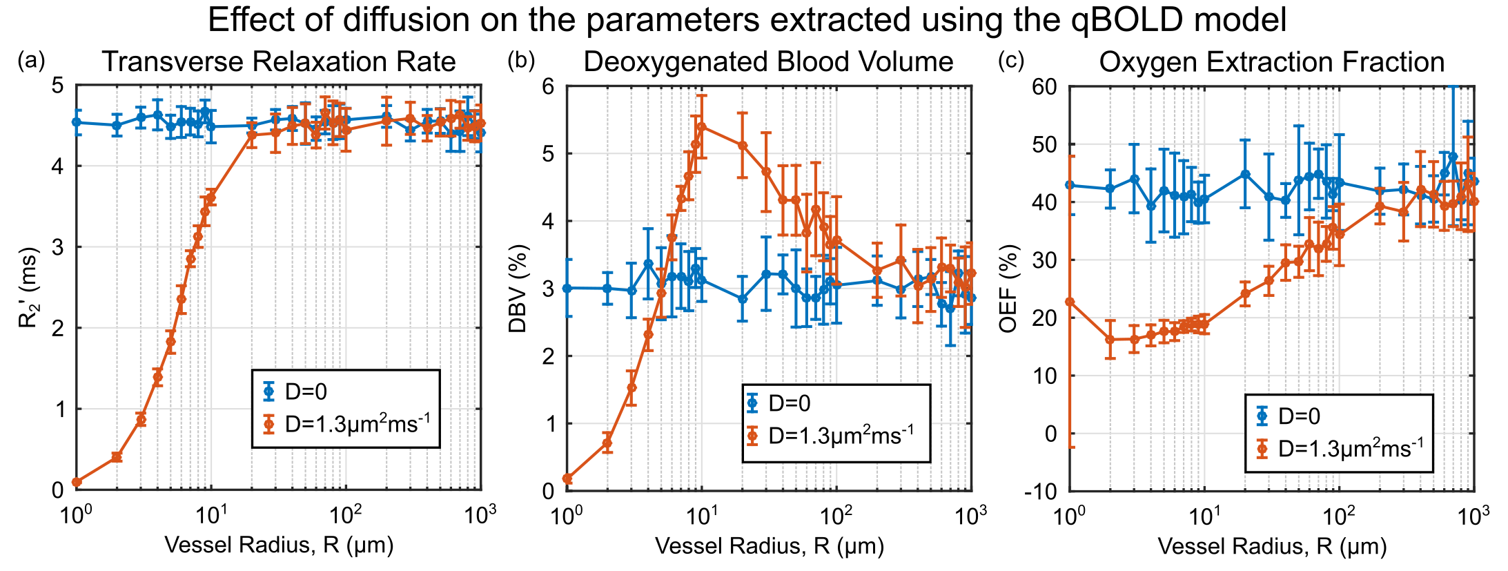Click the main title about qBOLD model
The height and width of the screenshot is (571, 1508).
(x=747, y=20)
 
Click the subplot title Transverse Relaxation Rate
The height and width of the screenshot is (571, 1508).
(x=279, y=62)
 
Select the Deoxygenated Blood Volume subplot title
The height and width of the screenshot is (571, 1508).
(x=768, y=62)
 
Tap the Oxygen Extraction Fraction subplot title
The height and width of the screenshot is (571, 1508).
(x=1271, y=62)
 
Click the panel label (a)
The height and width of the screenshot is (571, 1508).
(x=31, y=61)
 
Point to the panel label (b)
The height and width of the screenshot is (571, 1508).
(x=521, y=61)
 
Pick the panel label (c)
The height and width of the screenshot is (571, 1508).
(x=1011, y=61)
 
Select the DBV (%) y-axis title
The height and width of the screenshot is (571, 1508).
(x=518, y=288)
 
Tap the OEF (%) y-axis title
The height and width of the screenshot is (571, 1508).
(x=1008, y=288)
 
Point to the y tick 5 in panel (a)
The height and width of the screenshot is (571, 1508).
(x=58, y=86)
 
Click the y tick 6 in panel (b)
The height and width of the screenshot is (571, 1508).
(x=548, y=86)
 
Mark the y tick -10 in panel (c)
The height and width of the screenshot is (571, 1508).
(x=1043, y=492)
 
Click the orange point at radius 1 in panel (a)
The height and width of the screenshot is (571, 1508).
(x=77, y=482)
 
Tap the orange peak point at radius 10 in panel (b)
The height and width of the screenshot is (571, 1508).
(x=702, y=126)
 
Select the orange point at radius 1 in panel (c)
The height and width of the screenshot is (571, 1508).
(x=1070, y=302)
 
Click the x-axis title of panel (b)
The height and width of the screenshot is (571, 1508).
(x=769, y=546)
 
